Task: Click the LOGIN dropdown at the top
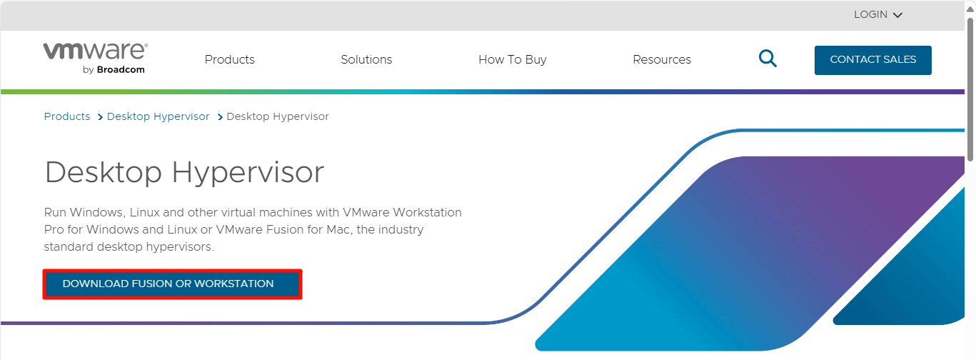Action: [x=877, y=14]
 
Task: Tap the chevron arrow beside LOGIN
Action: [x=897, y=15]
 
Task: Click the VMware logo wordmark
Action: [x=96, y=51]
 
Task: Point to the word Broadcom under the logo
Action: [x=121, y=70]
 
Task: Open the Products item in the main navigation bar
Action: [x=230, y=59]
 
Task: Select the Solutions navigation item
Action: [x=366, y=59]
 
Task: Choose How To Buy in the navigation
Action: [x=513, y=59]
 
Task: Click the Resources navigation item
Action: [x=662, y=59]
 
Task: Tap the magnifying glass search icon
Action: [x=768, y=59]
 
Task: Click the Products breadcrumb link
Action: [x=67, y=116]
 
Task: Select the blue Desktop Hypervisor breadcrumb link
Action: [x=159, y=116]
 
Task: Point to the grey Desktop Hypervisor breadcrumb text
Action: [x=278, y=116]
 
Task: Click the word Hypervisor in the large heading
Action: [x=248, y=173]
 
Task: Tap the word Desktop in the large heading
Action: [x=104, y=173]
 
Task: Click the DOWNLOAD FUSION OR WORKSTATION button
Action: [x=173, y=284]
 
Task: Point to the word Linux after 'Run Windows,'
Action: [x=145, y=212]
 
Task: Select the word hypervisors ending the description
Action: [x=180, y=246]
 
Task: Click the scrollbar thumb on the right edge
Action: [x=970, y=89]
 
